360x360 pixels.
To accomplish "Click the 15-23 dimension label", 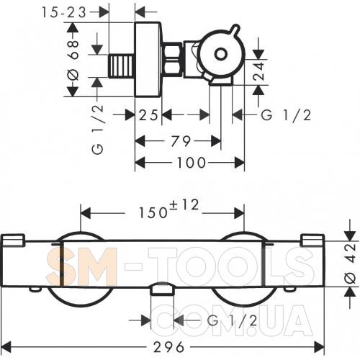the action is pyautogui.click(x=64, y=12).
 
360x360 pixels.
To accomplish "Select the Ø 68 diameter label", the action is pyautogui.click(x=73, y=60).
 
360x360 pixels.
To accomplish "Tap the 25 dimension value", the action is pyautogui.click(x=148, y=115).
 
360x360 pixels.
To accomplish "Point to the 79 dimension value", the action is pyautogui.click(x=181, y=141).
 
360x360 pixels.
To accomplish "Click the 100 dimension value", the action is pyautogui.click(x=192, y=163).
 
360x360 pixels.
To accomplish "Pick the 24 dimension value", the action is pyautogui.click(x=258, y=71).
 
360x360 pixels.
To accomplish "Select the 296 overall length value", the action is pyautogui.click(x=169, y=347).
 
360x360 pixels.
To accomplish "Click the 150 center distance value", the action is pyautogui.click(x=153, y=212).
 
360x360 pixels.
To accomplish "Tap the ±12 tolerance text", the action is pyautogui.click(x=184, y=205).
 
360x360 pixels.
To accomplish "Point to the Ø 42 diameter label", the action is pyautogui.click(x=350, y=264).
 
